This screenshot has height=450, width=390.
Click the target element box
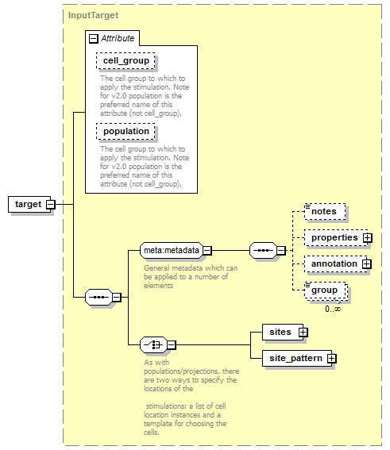[x=29, y=204]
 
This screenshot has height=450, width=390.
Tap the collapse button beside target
[x=51, y=204]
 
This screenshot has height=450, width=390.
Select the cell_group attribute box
[x=125, y=60]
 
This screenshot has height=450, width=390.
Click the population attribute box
[x=125, y=132]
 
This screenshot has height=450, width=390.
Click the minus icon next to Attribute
[x=94, y=38]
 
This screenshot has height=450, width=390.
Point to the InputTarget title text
[x=93, y=15]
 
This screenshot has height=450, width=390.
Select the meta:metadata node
[x=172, y=250]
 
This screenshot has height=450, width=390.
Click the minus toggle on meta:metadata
[x=207, y=251]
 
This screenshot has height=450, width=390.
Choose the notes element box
[x=325, y=212]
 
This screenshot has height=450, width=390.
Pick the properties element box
[x=336, y=237]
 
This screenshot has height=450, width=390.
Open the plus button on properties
[x=367, y=237]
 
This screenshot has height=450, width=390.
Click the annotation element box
[x=336, y=263]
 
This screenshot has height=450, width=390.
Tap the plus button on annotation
[x=367, y=263]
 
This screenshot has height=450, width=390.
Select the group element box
[x=326, y=290]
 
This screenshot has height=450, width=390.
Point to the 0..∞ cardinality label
[x=333, y=309]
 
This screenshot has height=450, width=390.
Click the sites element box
[x=283, y=332]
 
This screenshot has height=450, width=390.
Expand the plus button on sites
[x=303, y=332]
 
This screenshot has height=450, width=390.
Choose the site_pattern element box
[x=297, y=358]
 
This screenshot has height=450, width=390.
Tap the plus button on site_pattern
[x=332, y=358]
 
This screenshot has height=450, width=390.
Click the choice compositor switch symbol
[x=153, y=344]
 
